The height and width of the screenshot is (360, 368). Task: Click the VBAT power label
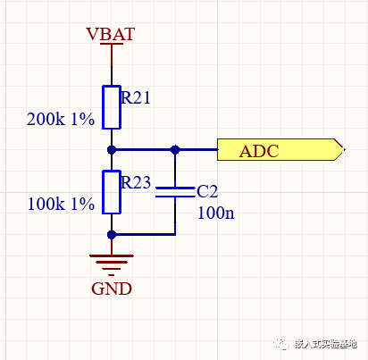pos(111,34)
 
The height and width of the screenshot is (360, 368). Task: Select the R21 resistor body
pos(112,107)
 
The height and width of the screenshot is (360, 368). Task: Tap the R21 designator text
pos(136,97)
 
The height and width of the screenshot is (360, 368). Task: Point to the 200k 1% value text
pos(61,119)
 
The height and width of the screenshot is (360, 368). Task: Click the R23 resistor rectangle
pos(112,192)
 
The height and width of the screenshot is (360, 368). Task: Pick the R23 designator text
pos(136,182)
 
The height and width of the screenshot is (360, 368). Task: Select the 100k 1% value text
pos(61,204)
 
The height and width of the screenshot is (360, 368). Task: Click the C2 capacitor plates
pos(175,192)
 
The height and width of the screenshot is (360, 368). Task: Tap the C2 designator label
pos(207,191)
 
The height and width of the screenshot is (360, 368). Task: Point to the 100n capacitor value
pos(216,213)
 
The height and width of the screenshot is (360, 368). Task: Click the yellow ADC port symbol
pos(280,149)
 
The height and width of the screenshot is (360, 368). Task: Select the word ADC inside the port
pos(259,151)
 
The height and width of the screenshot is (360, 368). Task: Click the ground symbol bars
pos(112,265)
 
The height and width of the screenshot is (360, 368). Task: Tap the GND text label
pos(112,289)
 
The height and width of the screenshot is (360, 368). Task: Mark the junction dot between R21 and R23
pos(112,149)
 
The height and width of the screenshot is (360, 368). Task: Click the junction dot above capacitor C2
pos(175,149)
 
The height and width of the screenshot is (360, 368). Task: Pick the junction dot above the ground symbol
pos(112,235)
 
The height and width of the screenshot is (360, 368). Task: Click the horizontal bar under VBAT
pos(112,44)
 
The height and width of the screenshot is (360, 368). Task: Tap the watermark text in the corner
pos(326,344)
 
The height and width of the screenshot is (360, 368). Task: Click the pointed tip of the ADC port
pos(344,149)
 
